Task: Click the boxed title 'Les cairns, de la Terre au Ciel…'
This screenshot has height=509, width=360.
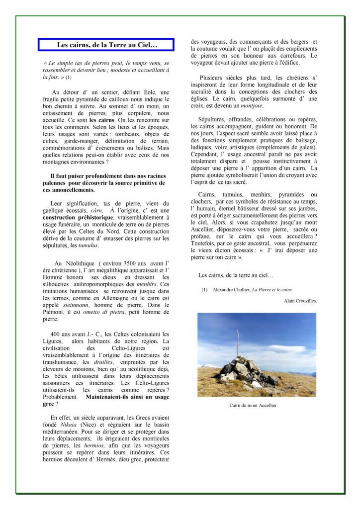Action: point(106,45)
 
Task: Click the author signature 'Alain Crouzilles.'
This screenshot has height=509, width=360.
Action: point(300,301)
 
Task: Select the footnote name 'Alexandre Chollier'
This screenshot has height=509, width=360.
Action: point(231,289)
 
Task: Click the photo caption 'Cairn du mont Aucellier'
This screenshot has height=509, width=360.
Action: point(253,405)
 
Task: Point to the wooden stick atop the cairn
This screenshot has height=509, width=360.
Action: point(238,342)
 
